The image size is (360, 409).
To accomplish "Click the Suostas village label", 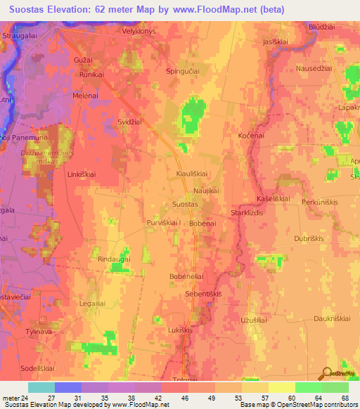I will coord(185,204).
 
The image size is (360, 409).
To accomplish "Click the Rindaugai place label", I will coord(113,259).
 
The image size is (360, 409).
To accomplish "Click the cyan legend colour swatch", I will coord(41,387).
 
